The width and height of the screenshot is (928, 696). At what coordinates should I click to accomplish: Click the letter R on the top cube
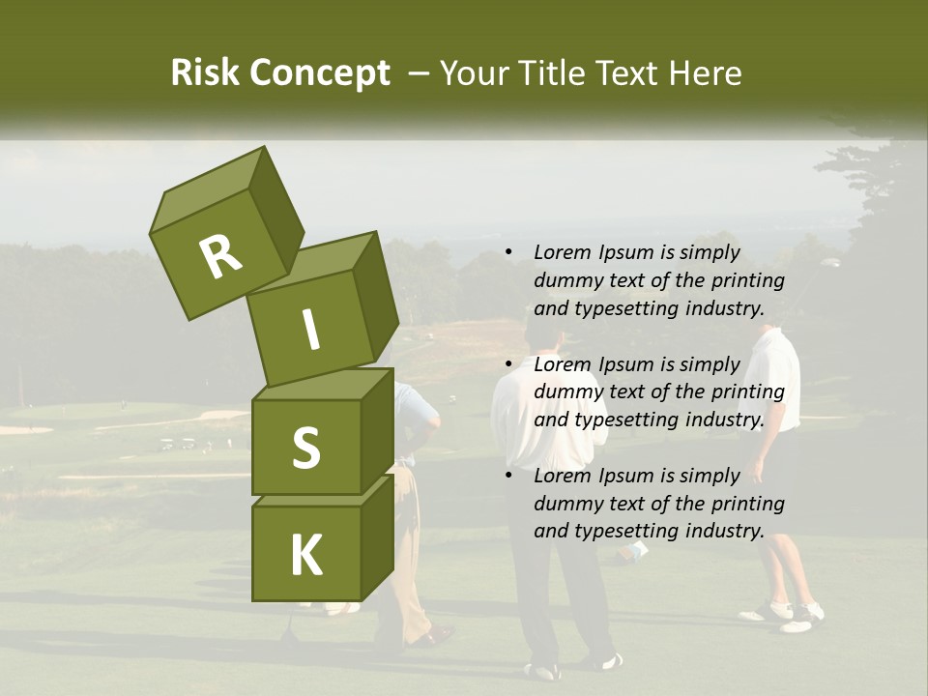220,256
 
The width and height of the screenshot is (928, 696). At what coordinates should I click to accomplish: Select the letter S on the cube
305,448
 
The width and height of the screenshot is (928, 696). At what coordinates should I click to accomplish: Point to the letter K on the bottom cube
305,556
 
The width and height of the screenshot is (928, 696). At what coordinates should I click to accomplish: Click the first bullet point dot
508,253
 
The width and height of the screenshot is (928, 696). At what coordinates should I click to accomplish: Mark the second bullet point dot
508,364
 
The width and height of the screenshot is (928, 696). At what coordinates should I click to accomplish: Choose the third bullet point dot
508,476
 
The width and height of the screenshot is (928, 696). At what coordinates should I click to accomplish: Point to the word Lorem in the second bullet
562,364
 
